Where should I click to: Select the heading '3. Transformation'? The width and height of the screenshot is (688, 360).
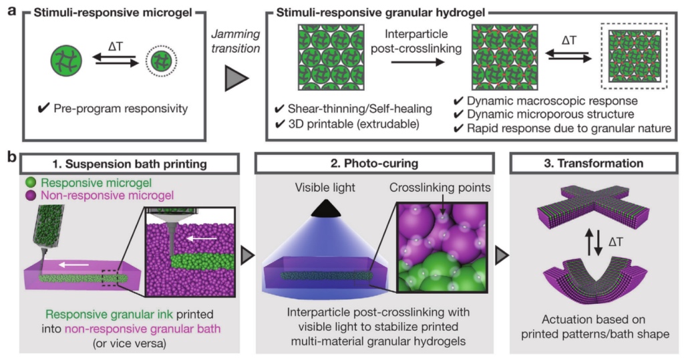coord(594,163)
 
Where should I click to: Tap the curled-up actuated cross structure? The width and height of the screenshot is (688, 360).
coord(594,281)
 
